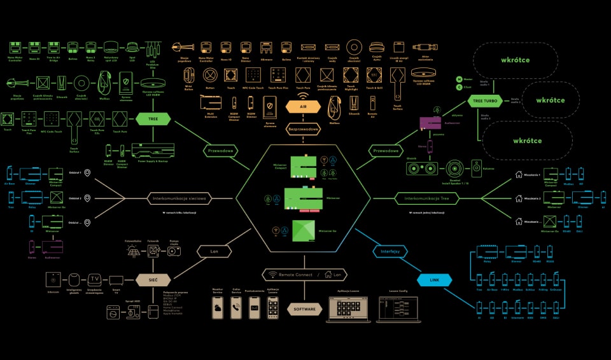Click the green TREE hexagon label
pyautogui.click(x=153, y=118)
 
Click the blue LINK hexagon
pyautogui.click(x=435, y=279)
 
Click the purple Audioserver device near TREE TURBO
pyautogui.click(x=431, y=123)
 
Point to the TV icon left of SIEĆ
pyautogui.click(x=94, y=279)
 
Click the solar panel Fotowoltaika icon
pyautogui.click(x=133, y=253)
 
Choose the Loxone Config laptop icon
pyautogui.click(x=393, y=309)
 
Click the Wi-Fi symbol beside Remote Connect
pyautogui.click(x=273, y=275)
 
